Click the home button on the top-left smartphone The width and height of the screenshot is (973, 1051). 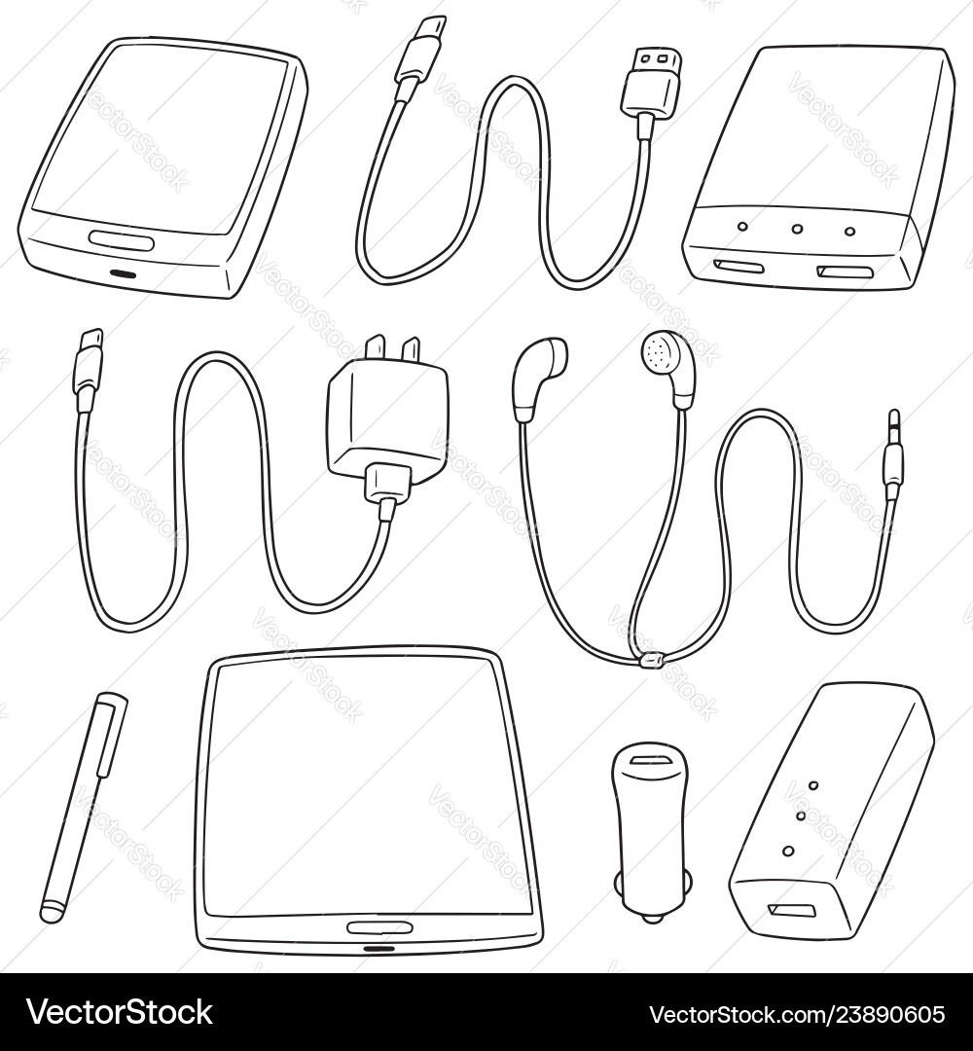[121, 238]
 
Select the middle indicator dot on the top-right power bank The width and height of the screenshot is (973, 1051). [797, 231]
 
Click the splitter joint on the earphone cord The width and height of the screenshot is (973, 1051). [650, 661]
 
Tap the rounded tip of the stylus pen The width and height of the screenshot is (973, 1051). [51, 912]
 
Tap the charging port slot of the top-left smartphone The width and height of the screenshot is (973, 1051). [124, 273]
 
